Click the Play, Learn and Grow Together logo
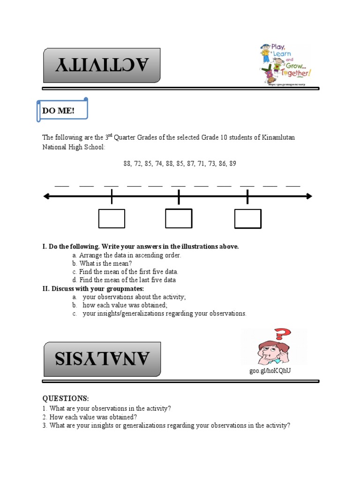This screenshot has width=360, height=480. (285, 64)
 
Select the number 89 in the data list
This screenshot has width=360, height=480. (233, 164)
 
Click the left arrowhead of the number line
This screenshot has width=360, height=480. (46, 196)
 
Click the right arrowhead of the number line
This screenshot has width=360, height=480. (309, 196)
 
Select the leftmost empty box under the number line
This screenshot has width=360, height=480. (112, 218)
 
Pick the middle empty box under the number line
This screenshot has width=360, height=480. (179, 218)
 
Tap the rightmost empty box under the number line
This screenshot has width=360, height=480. (247, 219)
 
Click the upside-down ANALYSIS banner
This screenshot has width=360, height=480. (102, 359)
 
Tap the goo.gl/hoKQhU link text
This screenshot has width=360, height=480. (273, 371)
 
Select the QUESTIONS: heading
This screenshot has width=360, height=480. (65, 398)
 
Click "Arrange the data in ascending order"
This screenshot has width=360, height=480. (130, 255)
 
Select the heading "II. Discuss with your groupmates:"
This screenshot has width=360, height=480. (93, 288)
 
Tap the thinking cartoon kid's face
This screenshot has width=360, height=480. (266, 349)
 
